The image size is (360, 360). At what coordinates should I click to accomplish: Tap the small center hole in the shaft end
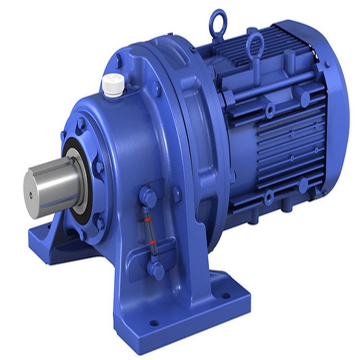coord(31,194)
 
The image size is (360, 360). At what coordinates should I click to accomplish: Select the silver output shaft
coord(48,185)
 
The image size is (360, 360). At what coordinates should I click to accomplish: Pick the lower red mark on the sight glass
coord(153,242)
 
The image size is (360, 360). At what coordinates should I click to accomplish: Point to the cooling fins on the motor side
coord(283,154)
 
